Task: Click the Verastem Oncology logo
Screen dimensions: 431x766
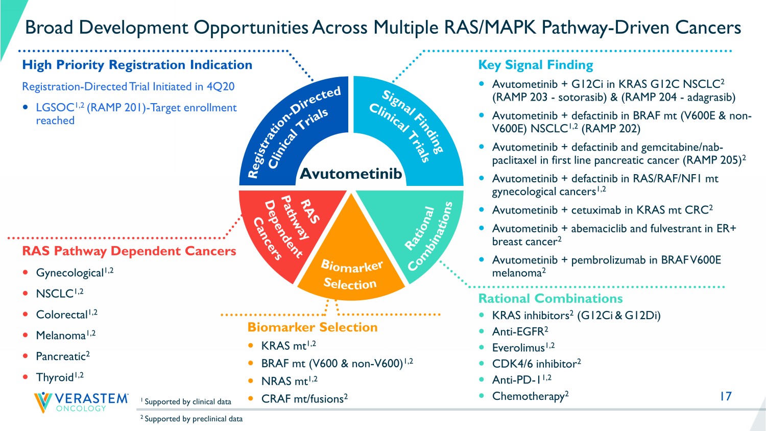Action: [81, 402]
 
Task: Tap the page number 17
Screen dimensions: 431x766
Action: [725, 396]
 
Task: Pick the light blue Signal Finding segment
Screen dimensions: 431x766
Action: [409, 128]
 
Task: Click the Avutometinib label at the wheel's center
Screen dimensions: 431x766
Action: [351, 174]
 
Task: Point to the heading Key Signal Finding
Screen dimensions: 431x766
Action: [536, 65]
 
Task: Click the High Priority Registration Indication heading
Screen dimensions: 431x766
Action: [137, 65]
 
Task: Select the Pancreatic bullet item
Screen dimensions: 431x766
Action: [61, 356]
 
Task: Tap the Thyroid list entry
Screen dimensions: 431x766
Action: [55, 377]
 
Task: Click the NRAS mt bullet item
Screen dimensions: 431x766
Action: [285, 381]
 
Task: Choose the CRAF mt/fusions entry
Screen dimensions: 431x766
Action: [302, 399]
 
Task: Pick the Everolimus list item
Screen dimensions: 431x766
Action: [518, 348]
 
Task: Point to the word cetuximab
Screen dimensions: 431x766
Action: [596, 210]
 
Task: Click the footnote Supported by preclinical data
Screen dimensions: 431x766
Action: [193, 419]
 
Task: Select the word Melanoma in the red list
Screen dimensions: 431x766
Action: [61, 336]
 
